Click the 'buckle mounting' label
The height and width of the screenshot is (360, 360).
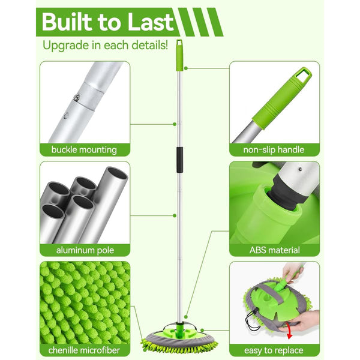[x=84, y=149]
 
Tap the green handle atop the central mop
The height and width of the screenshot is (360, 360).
[x=179, y=54]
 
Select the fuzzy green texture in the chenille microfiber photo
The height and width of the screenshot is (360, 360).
[x=84, y=300]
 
